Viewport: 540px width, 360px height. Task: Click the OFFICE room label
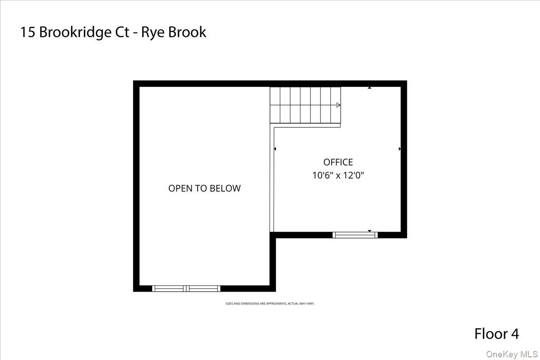[338, 162]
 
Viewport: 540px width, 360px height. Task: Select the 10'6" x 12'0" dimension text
[338, 175]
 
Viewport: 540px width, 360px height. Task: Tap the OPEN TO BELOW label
[204, 189]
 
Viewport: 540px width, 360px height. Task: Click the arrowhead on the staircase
[338, 105]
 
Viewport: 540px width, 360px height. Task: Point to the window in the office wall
[355, 235]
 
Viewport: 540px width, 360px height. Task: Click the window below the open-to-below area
[186, 288]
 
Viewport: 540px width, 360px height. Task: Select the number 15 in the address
[28, 32]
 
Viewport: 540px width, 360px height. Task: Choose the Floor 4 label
[496, 334]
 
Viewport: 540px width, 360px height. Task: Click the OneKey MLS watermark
[512, 354]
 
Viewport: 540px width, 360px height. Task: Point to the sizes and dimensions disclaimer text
[270, 304]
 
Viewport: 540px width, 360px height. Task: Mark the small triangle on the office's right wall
[400, 148]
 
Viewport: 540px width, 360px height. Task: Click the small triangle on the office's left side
[275, 148]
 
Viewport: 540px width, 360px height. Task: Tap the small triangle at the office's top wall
[369, 88]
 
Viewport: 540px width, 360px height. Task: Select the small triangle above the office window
[369, 230]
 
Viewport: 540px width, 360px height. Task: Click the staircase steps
[305, 105]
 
